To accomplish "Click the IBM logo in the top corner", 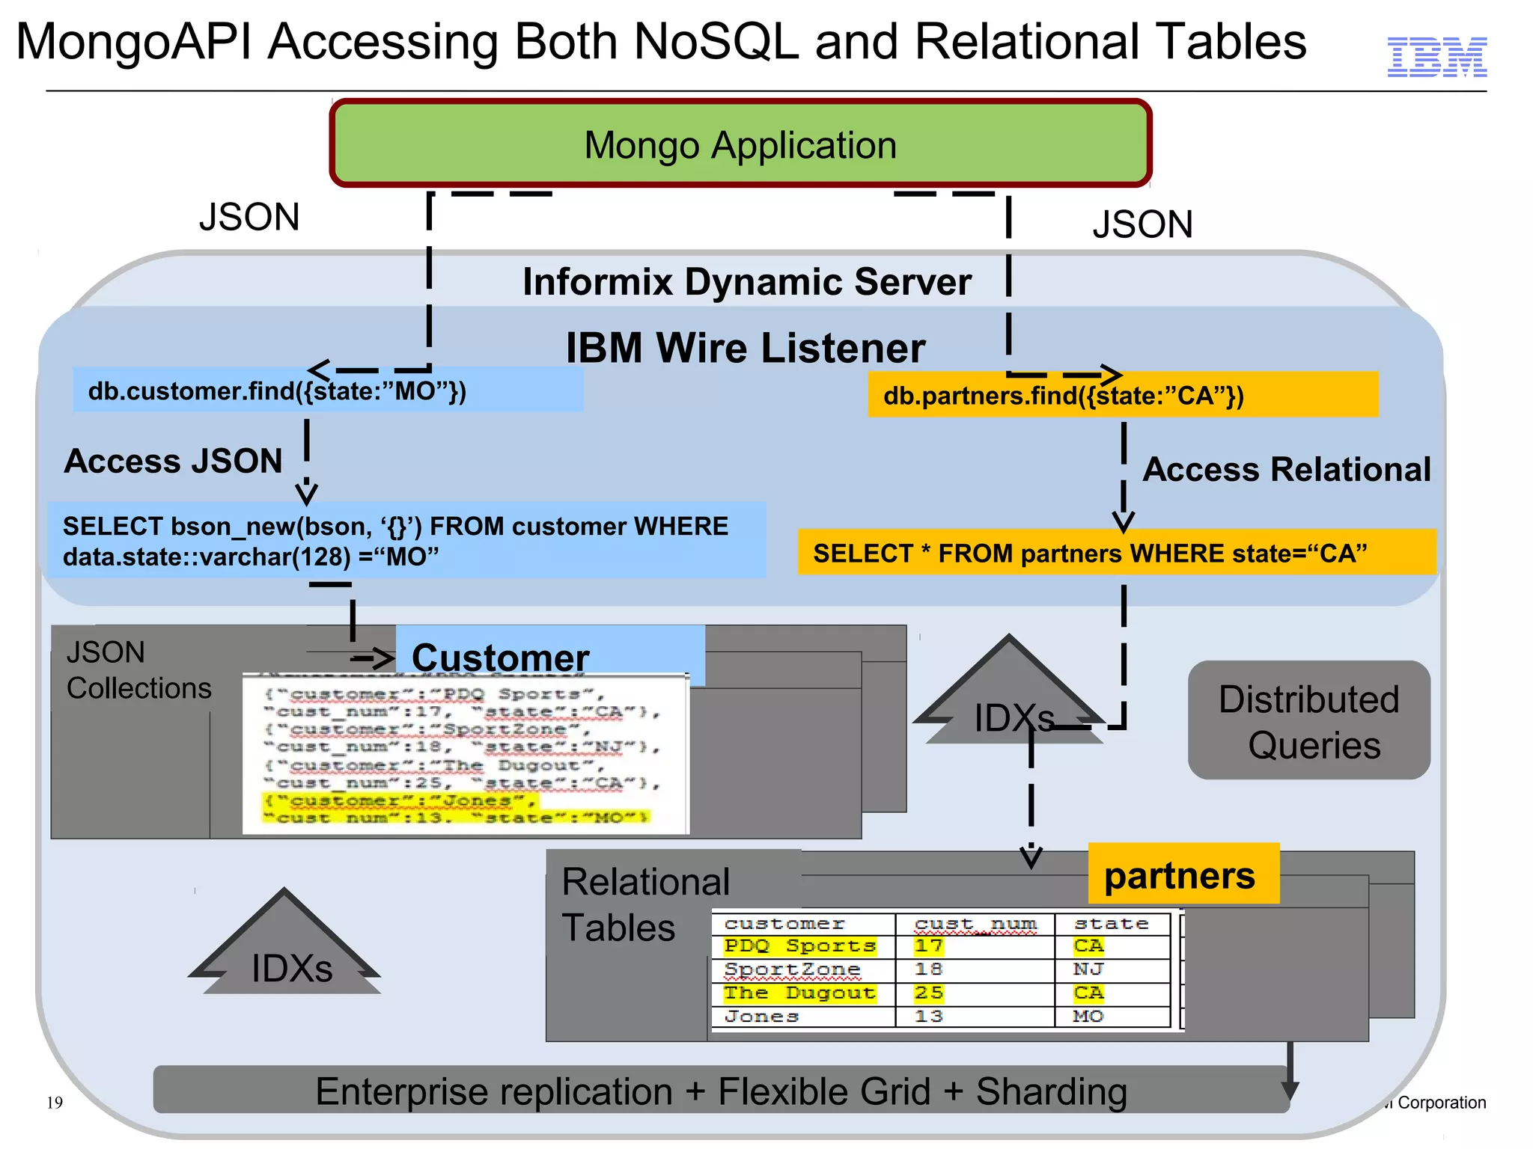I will [x=1436, y=57].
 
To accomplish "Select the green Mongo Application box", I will [x=740, y=144].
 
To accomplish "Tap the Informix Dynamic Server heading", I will [x=746, y=282].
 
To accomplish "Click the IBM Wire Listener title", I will [x=745, y=348].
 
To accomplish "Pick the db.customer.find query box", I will [x=327, y=390].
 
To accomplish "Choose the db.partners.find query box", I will [x=1122, y=395].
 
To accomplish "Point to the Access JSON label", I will [x=173, y=461].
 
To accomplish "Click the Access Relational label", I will [x=1286, y=470].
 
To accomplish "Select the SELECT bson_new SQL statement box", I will [x=406, y=540].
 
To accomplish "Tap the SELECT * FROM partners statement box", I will [x=1115, y=553].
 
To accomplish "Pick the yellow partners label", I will [x=1182, y=874].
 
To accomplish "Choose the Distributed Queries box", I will [x=1308, y=720].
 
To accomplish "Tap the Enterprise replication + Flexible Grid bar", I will [x=720, y=1091].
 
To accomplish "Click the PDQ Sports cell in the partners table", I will [x=799, y=946].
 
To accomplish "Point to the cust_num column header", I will [x=975, y=925].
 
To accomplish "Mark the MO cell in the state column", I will [x=1088, y=1017].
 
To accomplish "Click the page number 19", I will [x=55, y=1103].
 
